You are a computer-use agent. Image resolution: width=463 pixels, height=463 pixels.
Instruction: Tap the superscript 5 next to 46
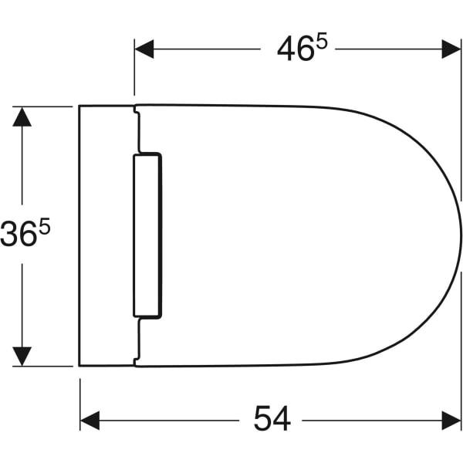321,43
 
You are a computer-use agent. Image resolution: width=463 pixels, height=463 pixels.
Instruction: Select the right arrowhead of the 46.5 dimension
451,49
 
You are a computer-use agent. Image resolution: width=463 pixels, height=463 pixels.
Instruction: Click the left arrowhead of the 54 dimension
90,421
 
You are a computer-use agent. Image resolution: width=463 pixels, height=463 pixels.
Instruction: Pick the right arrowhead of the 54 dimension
451,421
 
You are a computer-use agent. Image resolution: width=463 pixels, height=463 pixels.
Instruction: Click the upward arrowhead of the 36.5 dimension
22,117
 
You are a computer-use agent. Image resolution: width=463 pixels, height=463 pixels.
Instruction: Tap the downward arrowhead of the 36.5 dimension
22,356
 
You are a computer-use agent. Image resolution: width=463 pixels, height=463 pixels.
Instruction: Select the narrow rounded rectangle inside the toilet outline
147,235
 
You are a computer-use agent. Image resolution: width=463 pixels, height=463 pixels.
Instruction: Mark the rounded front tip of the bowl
461,235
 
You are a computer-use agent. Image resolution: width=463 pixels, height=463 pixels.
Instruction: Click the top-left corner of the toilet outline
80,106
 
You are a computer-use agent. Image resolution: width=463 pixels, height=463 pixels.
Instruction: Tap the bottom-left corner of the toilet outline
80,365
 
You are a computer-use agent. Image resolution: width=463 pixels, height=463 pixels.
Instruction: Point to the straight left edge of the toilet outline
80,235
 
